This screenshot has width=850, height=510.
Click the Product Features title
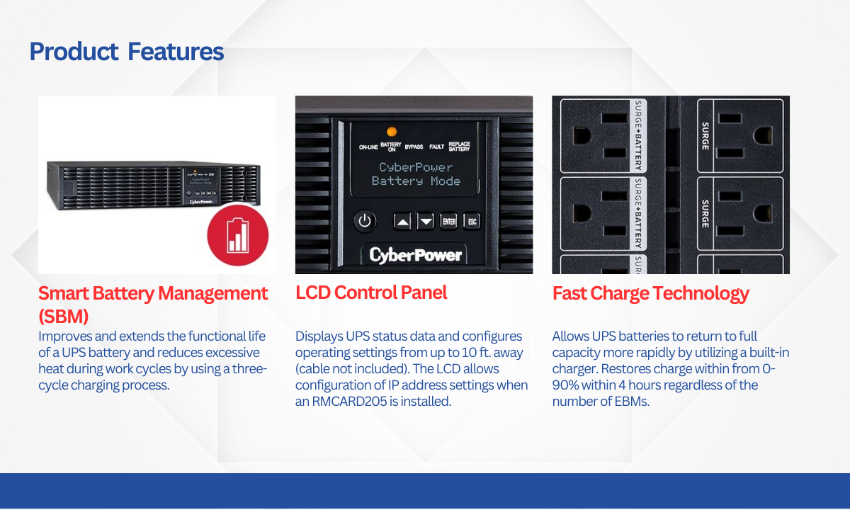pos(127,52)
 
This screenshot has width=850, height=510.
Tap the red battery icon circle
pos(238,235)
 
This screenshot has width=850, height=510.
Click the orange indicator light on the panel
pos(392,132)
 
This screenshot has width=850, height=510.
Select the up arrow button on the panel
pos(402,221)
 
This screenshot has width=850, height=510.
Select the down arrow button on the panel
pos(426,221)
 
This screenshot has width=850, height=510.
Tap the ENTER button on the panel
pos(449,221)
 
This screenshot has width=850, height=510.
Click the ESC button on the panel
pos(472,221)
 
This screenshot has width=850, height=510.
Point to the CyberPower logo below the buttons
pos(416,255)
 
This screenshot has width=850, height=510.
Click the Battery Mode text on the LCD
pos(416,181)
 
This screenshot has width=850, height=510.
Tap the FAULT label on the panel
pos(437,147)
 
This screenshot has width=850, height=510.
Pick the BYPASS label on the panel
pos(414,147)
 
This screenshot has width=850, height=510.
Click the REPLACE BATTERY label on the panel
pos(459,147)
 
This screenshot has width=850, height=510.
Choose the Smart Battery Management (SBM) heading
pos(153,305)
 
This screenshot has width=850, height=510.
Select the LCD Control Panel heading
pos(371,293)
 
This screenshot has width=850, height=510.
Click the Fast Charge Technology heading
pos(651,293)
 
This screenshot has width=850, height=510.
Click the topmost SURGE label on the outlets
pos(705,136)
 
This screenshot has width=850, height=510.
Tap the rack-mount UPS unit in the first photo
pos(154,185)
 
